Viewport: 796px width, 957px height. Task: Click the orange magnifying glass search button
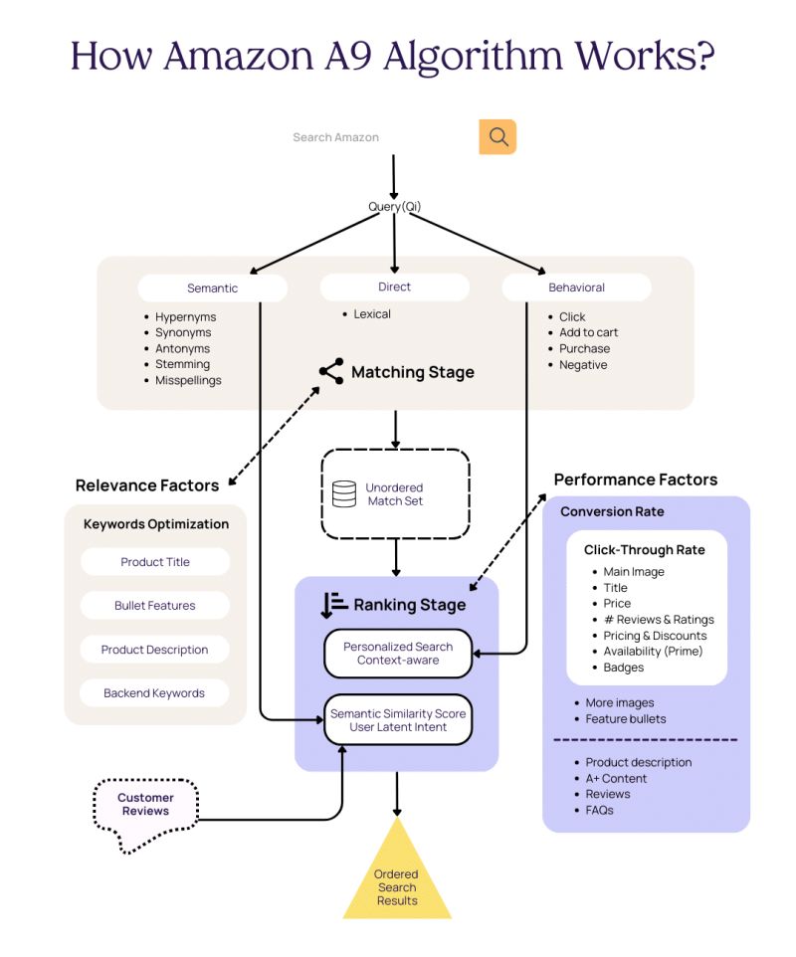(x=497, y=137)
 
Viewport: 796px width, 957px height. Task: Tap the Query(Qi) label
(x=394, y=207)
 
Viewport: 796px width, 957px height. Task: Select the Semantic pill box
(x=212, y=288)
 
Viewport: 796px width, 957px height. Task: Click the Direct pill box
(x=394, y=287)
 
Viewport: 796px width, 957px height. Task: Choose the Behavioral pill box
(x=576, y=287)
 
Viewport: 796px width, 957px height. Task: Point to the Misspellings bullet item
(x=188, y=380)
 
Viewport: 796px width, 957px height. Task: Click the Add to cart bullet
(x=588, y=332)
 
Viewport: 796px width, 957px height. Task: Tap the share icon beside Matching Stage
(x=331, y=372)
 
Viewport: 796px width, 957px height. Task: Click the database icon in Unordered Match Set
(x=344, y=494)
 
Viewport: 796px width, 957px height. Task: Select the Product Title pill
(x=155, y=562)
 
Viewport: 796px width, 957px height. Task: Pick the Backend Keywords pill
(x=154, y=693)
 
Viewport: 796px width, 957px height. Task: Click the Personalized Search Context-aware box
(x=398, y=654)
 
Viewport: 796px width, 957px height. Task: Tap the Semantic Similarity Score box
(x=398, y=720)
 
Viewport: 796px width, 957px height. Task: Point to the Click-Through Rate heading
(x=644, y=550)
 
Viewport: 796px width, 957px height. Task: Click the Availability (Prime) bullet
(x=653, y=652)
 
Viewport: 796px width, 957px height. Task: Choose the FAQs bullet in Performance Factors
(x=599, y=810)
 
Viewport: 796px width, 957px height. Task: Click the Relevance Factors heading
(x=147, y=485)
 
